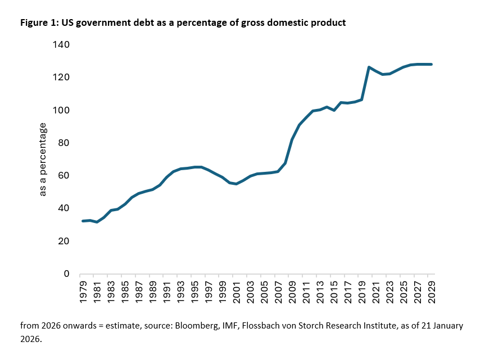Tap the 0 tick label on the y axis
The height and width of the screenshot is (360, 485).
pyautogui.click(x=65, y=274)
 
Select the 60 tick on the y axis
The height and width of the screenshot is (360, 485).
pyautogui.click(x=62, y=175)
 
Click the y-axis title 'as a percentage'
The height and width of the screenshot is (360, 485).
pyautogui.click(x=43, y=160)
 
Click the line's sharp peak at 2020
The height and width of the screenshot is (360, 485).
pyautogui.click(x=369, y=67)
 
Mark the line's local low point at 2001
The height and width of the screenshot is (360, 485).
pyautogui.click(x=237, y=184)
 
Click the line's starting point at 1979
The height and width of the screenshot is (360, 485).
pyautogui.click(x=83, y=221)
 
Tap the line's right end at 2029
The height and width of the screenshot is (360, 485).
pyautogui.click(x=431, y=65)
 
